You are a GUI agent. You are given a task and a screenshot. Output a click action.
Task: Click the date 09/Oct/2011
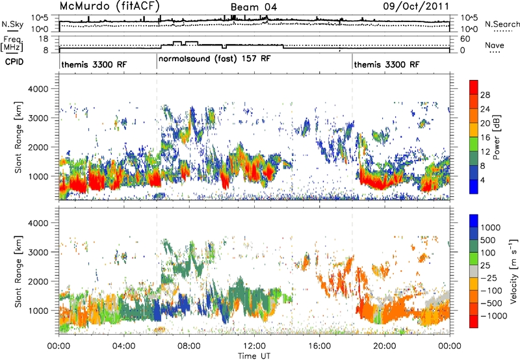[416, 6]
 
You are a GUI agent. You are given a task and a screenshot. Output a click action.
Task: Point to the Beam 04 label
[253, 7]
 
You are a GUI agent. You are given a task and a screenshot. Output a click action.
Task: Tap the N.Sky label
[12, 24]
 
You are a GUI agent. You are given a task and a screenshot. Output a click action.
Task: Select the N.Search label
[502, 24]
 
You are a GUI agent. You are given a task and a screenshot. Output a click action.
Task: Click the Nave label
[495, 45]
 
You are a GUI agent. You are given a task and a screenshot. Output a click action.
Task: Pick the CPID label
[14, 62]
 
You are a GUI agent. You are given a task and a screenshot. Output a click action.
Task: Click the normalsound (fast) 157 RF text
[214, 59]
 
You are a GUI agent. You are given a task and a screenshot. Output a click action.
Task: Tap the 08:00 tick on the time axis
[189, 346]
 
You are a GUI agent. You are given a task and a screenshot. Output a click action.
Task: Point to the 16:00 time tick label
[319, 346]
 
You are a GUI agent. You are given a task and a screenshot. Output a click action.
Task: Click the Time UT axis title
[254, 355]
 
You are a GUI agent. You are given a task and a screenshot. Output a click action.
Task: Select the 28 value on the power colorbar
[485, 95]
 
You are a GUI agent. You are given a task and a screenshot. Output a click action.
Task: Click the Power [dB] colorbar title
[496, 137]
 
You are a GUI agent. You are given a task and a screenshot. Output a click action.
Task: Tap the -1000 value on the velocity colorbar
[494, 316]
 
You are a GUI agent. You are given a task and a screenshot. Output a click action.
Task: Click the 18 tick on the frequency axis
[44, 39]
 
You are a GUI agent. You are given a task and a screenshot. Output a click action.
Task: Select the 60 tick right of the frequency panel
[465, 39]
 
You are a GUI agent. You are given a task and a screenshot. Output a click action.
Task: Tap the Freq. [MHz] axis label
[12, 44]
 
